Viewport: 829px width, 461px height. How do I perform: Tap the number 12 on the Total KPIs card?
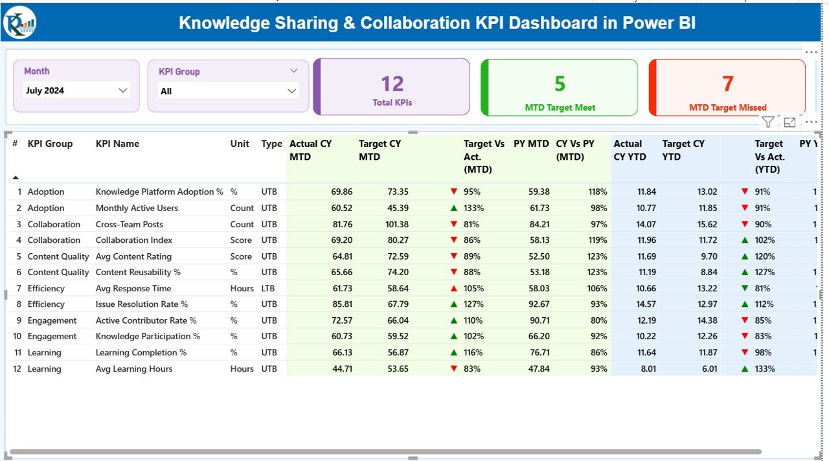tap(392, 84)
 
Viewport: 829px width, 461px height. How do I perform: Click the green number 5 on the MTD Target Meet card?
tap(560, 84)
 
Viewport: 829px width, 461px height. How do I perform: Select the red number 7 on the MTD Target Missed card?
tap(727, 84)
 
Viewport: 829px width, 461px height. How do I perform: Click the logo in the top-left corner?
tap(19, 23)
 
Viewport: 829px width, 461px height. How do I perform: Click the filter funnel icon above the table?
tap(767, 122)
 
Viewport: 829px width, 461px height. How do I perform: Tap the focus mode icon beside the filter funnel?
tap(789, 122)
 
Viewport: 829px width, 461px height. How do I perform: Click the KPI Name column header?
tap(117, 144)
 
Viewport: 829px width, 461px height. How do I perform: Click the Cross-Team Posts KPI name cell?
tap(129, 224)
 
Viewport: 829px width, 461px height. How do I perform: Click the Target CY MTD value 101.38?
tap(394, 224)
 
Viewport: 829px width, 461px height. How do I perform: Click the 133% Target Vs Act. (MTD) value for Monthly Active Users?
tap(473, 208)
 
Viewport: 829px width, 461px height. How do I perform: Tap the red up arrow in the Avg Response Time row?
tap(453, 289)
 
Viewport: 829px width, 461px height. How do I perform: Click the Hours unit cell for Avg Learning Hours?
tap(242, 369)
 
